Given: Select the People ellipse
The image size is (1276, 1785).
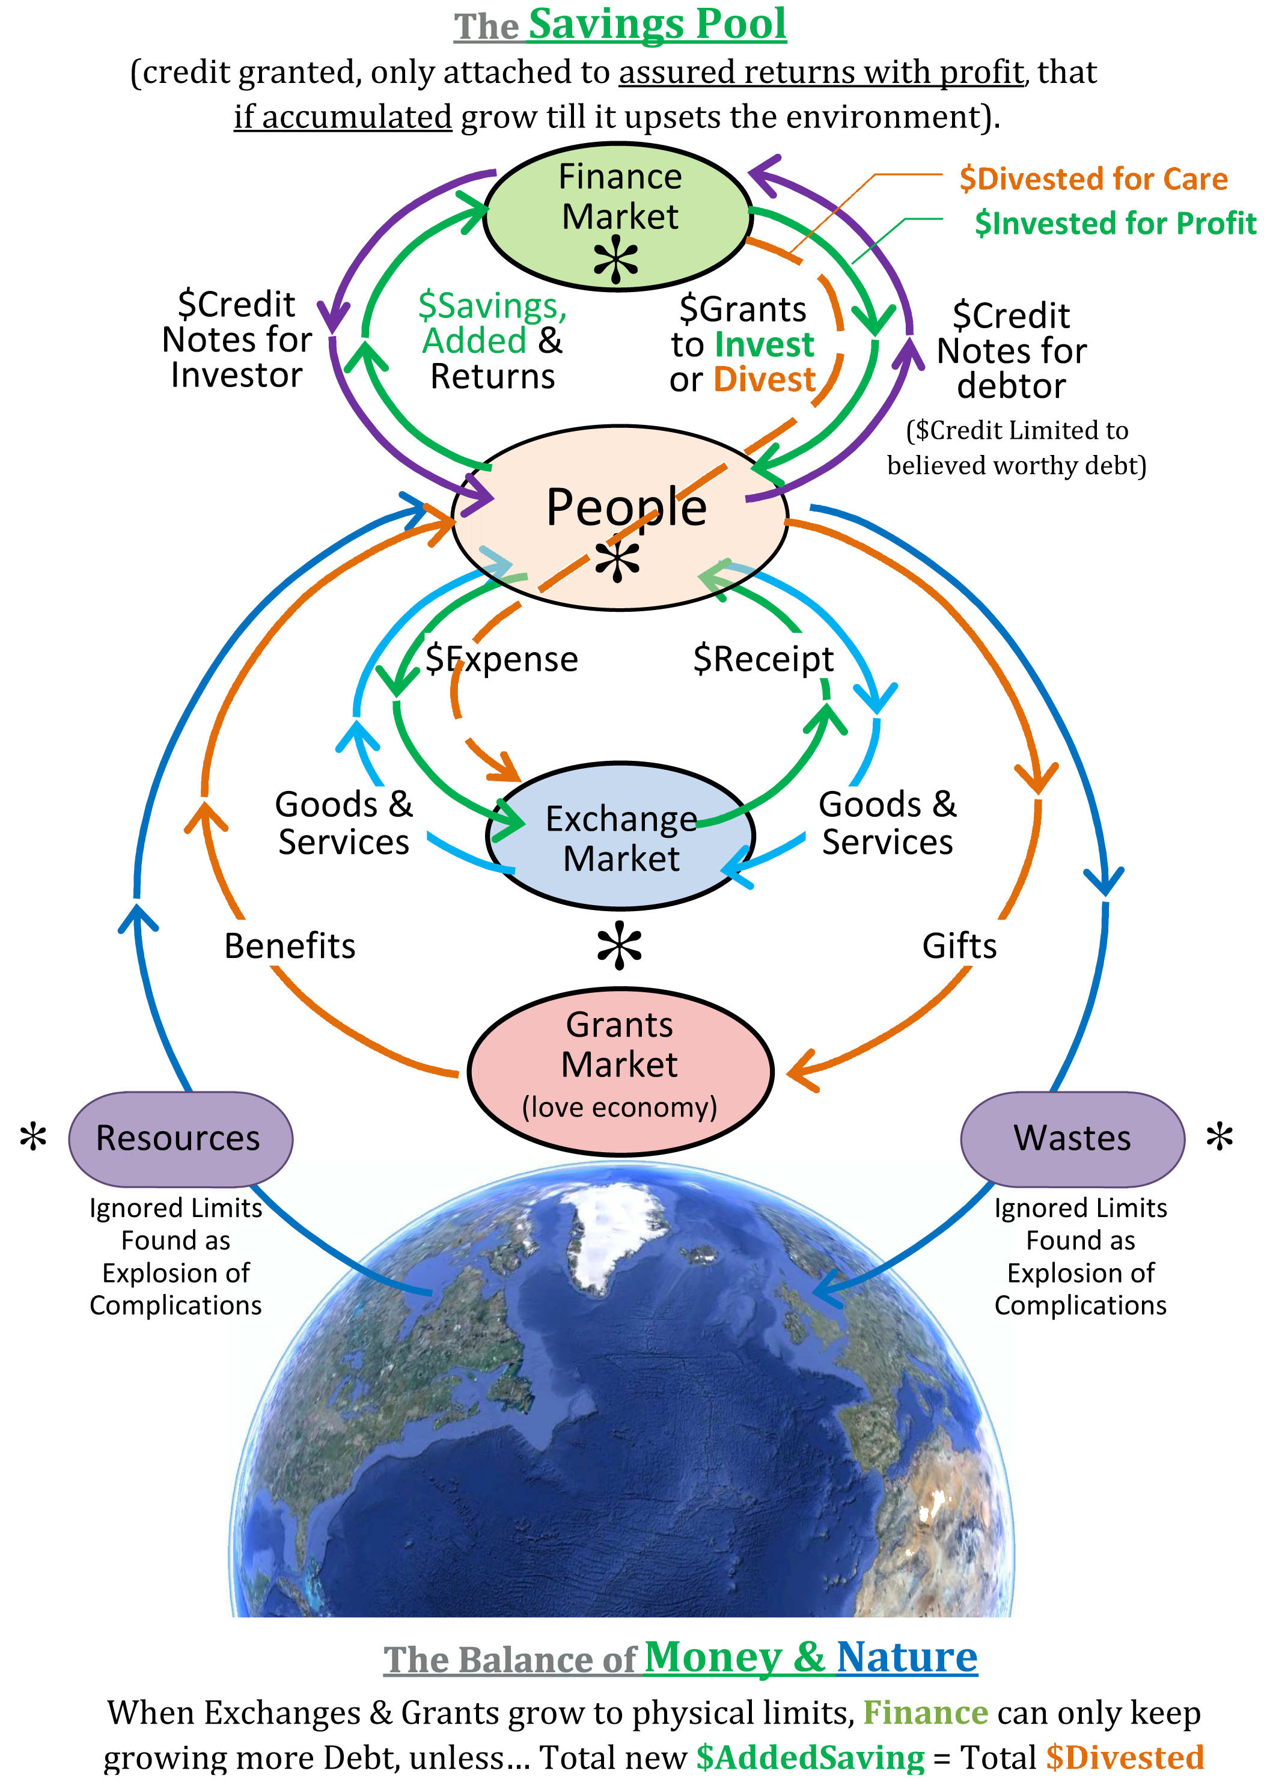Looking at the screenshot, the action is [x=620, y=517].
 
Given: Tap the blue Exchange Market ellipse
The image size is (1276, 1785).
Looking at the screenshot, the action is [x=621, y=836].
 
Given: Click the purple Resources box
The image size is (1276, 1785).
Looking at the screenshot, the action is [x=181, y=1138].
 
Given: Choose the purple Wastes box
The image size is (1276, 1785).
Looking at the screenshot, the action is [x=1072, y=1138].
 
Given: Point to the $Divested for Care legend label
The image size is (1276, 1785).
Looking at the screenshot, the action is [x=1093, y=179].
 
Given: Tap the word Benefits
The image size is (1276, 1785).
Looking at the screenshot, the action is [x=289, y=945].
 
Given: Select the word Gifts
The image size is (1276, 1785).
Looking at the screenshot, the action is [x=959, y=945].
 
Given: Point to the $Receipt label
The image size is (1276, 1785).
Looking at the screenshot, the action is [x=763, y=659].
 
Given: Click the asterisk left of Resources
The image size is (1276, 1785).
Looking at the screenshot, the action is [x=33, y=1137].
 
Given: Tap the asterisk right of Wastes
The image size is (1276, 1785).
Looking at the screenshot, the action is [x=1220, y=1137].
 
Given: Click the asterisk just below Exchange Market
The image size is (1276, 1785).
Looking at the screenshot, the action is [x=619, y=945].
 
